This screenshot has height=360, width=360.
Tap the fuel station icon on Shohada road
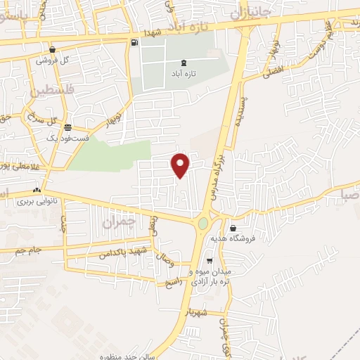pyautogui.click(x=134, y=43)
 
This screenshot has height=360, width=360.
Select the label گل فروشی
pyautogui.click(x=58, y=60)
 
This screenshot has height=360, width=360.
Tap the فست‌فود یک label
pyautogui.click(x=68, y=139)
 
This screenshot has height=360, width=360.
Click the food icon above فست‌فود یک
pyautogui.click(x=67, y=127)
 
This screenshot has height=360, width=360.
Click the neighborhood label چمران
pyautogui.click(x=117, y=222)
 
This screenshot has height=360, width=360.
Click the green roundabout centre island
pyautogui.click(x=203, y=224)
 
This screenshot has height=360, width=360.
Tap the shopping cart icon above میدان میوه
pyautogui.click(x=209, y=261)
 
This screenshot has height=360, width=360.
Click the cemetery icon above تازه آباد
pyautogui.click(x=184, y=63)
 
